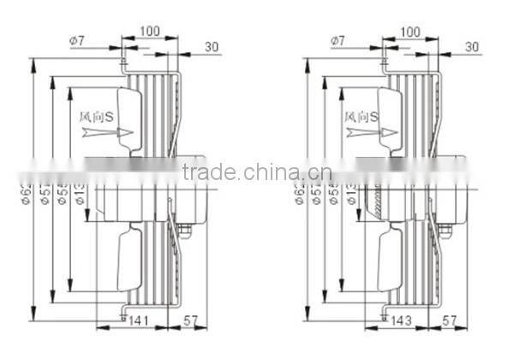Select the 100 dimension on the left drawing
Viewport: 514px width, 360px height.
149,31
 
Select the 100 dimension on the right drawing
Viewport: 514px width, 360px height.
411,31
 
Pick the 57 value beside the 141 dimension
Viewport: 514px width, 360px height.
194,321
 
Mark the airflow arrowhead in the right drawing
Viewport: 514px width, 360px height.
387,133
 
